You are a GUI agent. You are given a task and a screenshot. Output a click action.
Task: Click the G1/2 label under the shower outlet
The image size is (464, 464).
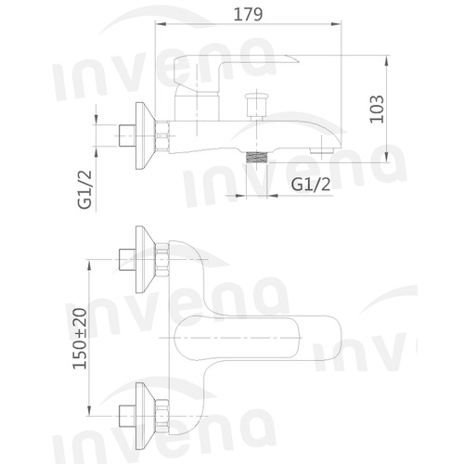[x=310, y=184]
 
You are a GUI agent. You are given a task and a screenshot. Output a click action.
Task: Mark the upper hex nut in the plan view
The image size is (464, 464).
[x=162, y=259]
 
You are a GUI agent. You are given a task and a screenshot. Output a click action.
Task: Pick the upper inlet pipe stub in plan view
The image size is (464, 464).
[x=127, y=259]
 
